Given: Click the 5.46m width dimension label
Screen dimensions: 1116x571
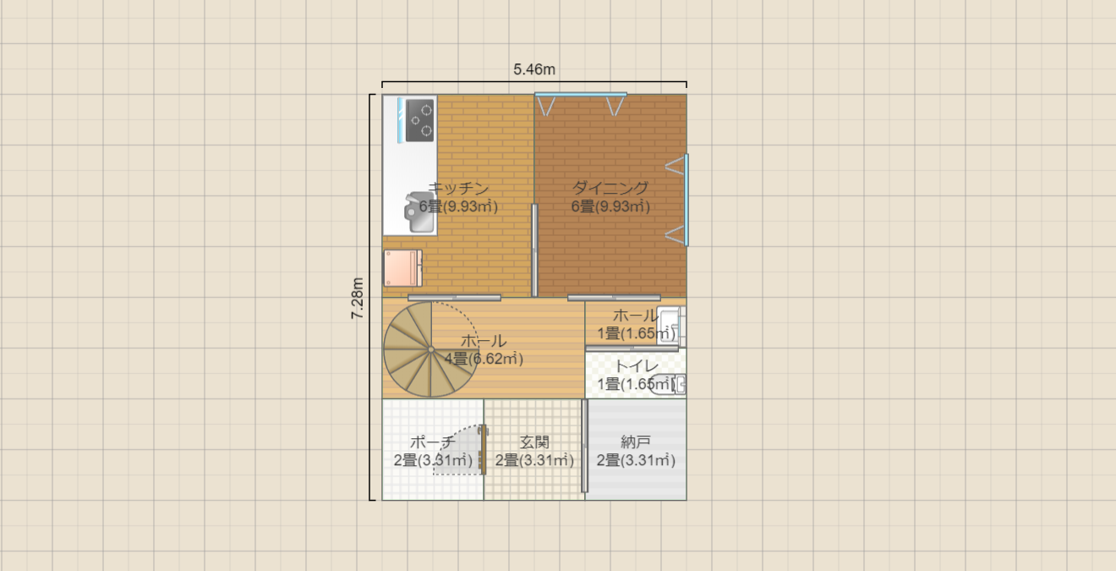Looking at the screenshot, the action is click(x=534, y=69).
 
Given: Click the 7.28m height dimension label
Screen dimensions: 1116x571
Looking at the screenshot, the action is click(x=358, y=298).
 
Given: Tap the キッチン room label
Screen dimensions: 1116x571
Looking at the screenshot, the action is click(x=459, y=188).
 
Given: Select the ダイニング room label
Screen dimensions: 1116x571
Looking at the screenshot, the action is click(x=610, y=188).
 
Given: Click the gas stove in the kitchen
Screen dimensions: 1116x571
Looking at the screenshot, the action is click(x=419, y=121).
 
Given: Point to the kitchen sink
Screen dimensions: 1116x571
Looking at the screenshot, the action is click(x=419, y=212).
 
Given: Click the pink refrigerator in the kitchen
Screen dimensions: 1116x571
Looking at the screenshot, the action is click(x=402, y=268).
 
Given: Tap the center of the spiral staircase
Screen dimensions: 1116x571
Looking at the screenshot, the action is click(x=431, y=349).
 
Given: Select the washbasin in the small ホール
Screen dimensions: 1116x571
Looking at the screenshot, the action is click(x=671, y=326).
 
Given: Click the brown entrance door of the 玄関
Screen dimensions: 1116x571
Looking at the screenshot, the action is click(x=483, y=449).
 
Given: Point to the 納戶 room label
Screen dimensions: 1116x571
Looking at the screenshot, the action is click(x=636, y=442).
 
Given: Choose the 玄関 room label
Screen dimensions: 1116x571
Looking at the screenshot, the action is click(x=534, y=442).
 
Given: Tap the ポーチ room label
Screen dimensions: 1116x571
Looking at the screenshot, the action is click(x=433, y=442).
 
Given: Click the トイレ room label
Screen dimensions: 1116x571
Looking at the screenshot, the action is click(x=637, y=366).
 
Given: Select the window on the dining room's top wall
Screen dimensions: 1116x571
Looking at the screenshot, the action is click(x=581, y=94).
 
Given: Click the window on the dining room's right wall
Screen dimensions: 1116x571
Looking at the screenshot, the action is click(x=686, y=200).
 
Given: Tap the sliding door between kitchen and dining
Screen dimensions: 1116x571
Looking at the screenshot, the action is click(x=534, y=250).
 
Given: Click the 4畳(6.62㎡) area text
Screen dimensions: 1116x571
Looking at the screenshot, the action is click(x=484, y=359).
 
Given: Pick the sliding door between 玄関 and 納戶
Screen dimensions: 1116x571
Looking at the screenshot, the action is click(x=585, y=446).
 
